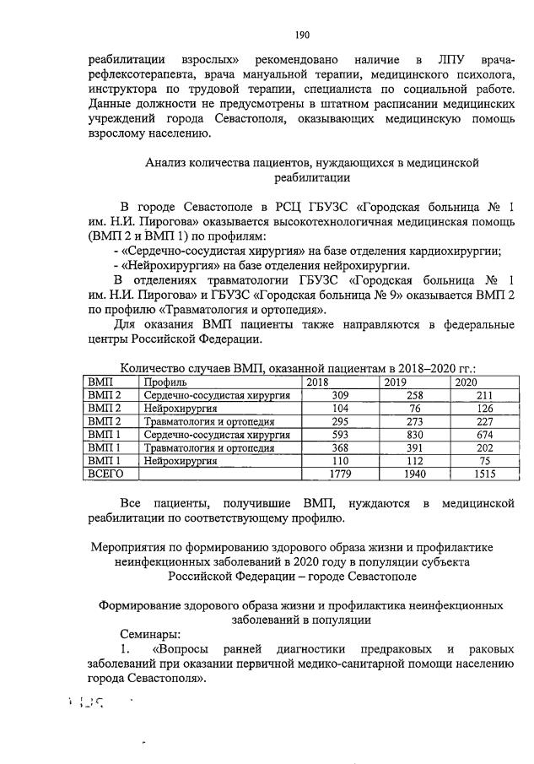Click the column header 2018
point(318,382)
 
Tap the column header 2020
point(467,382)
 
